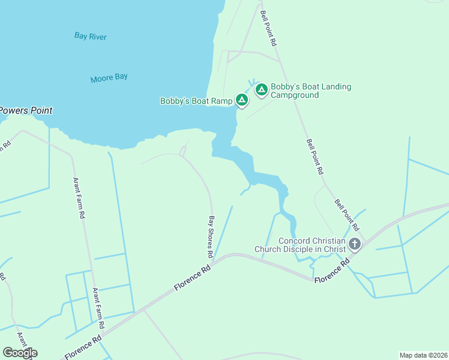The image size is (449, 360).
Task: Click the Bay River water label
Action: tap(91, 37)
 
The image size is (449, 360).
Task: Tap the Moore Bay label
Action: tap(109, 78)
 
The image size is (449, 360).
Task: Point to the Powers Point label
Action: tap(25, 110)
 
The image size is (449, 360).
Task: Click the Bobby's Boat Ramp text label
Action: tap(196, 101)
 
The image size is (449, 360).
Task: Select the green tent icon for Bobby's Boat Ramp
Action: tap(241, 100)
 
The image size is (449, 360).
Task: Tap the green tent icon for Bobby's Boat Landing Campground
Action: tap(261, 90)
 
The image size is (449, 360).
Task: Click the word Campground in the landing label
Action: tap(294, 95)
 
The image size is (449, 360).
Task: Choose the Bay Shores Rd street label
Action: tap(211, 236)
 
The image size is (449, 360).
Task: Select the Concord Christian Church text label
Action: tap(300, 245)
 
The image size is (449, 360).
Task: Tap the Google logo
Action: tap(20, 353)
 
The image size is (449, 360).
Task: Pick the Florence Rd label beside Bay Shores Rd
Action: tap(193, 279)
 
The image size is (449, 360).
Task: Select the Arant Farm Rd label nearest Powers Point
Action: tap(77, 199)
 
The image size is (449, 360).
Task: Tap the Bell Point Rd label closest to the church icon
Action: tap(347, 215)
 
